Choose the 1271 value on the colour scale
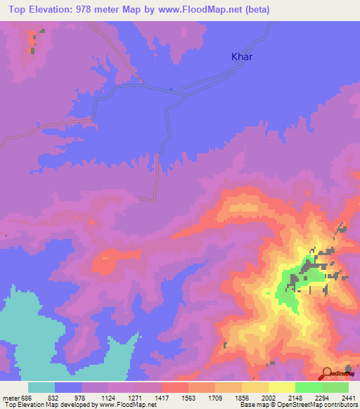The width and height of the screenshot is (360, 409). (x=136, y=396)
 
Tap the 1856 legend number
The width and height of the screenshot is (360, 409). (x=242, y=396)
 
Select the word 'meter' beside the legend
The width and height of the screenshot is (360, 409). (x=11, y=396)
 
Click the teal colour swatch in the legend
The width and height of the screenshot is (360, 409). (x=41, y=387)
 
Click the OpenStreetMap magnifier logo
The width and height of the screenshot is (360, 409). (x=327, y=372)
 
